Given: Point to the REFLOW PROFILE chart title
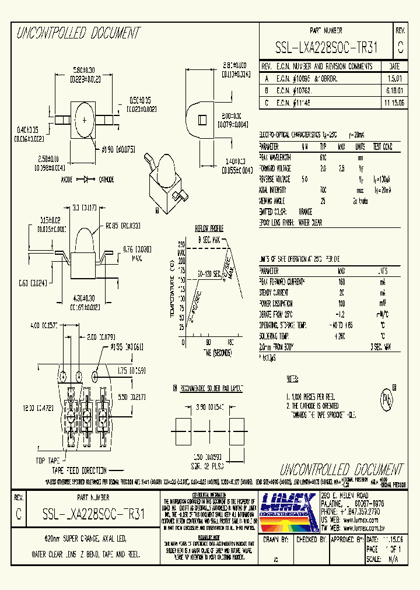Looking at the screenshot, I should [x=209, y=228].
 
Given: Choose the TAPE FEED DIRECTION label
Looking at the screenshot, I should [x=79, y=470].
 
